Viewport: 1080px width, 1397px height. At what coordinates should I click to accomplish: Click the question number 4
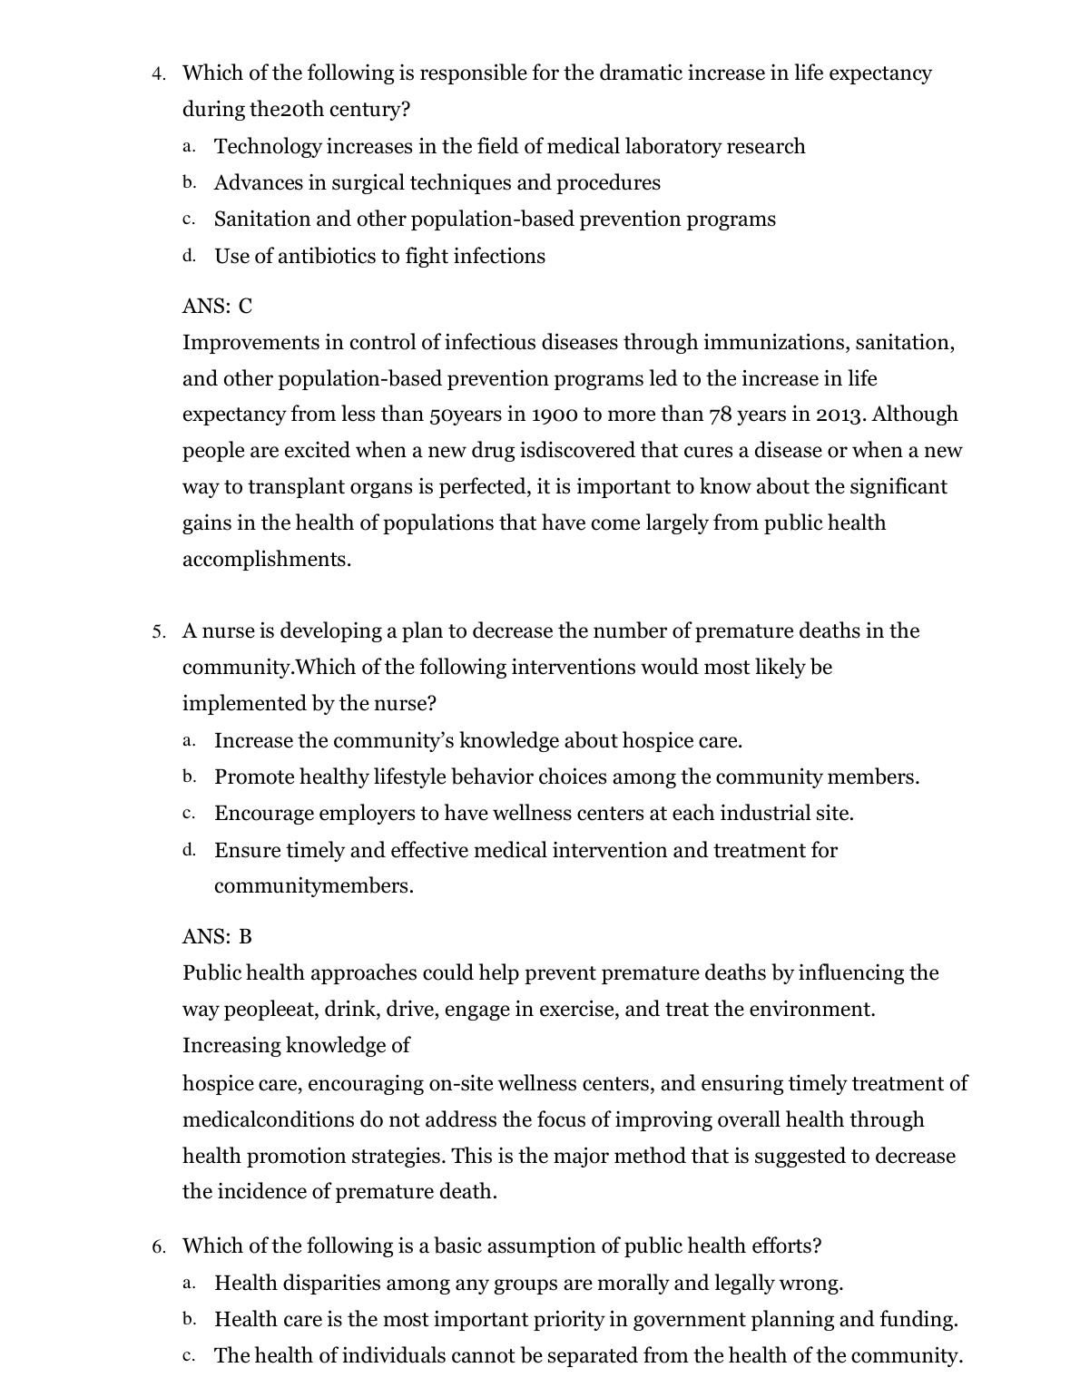[158, 73]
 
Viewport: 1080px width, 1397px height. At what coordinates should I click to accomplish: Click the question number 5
[158, 631]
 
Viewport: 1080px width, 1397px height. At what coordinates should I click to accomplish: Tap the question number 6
[158, 1246]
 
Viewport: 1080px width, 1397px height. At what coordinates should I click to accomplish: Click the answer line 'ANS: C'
[217, 307]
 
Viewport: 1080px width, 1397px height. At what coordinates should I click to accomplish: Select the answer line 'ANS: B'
[217, 936]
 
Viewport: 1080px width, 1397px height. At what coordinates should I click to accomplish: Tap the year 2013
[840, 415]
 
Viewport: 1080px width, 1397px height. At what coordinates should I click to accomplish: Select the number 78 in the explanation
[720, 415]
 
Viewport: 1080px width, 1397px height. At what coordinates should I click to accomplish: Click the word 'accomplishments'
[266, 560]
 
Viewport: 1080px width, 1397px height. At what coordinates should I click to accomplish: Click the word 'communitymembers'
[313, 886]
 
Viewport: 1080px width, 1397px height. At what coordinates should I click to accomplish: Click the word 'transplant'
[295, 487]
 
